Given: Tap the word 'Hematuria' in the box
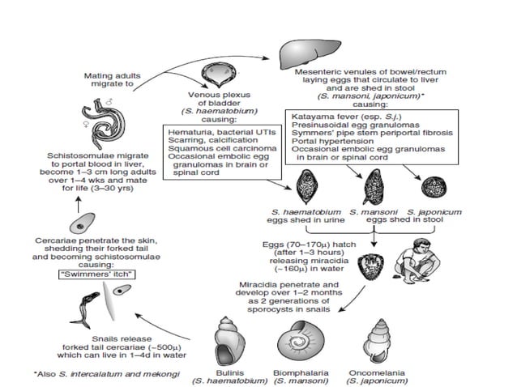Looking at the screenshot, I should [x=187, y=131].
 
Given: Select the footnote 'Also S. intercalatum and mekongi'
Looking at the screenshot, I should [x=81, y=374].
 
